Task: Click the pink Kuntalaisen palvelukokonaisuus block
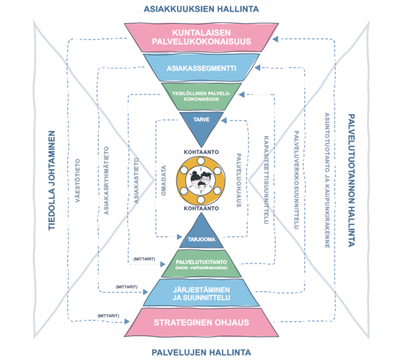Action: click(201, 36)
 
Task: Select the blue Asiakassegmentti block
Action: click(201, 69)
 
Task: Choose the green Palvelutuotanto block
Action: click(201, 265)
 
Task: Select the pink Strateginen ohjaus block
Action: click(201, 323)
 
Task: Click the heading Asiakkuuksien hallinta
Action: click(201, 9)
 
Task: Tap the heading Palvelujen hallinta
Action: click(201, 352)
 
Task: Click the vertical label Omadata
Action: click(163, 180)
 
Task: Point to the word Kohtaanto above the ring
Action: click(201, 151)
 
